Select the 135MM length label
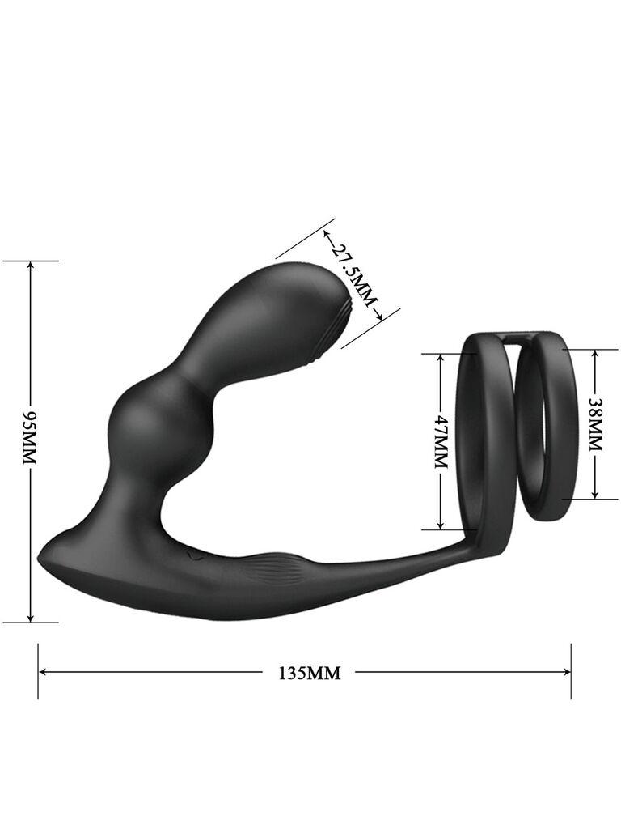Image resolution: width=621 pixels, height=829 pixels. tap(309, 672)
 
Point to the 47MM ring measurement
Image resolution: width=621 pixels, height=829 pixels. tap(441, 441)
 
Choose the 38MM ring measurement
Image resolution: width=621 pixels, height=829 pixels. tap(595, 423)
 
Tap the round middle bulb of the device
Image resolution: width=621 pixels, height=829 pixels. tap(148, 422)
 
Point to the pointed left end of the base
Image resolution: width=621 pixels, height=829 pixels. tap(40, 559)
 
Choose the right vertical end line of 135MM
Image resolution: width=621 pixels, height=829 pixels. tap(571, 671)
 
